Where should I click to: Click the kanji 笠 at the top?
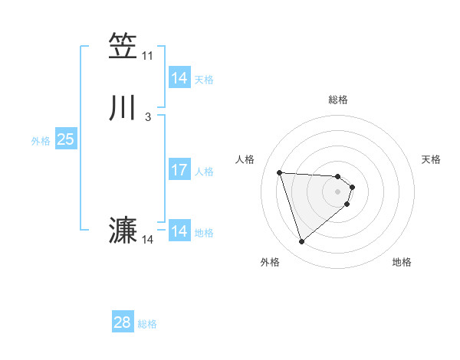pyautogui.click(x=123, y=47)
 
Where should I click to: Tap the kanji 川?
pyautogui.click(x=123, y=108)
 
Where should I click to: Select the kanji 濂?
pyautogui.click(x=123, y=231)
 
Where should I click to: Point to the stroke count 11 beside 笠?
pyautogui.click(x=147, y=56)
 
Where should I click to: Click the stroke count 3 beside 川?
pyautogui.click(x=147, y=117)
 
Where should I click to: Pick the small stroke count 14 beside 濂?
pyautogui.click(x=147, y=240)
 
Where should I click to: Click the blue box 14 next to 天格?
pyautogui.click(x=179, y=78)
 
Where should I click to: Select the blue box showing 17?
pyautogui.click(x=179, y=170)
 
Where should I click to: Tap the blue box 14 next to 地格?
pyautogui.click(x=179, y=231)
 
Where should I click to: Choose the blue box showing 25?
pyautogui.click(x=65, y=139)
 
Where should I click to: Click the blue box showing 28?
pyautogui.click(x=123, y=322)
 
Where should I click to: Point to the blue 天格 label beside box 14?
pyautogui.click(x=204, y=79)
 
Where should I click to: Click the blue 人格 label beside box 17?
pyautogui.click(x=204, y=171)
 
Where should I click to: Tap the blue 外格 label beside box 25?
pyautogui.click(x=41, y=140)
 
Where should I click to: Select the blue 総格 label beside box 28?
pyautogui.click(x=147, y=324)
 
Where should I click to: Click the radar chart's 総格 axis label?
pyautogui.click(x=338, y=100)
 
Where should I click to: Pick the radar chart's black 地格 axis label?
pyautogui.click(x=402, y=262)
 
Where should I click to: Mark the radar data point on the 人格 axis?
pyautogui.click(x=280, y=172)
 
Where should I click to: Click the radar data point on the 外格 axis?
pyautogui.click(x=301, y=242)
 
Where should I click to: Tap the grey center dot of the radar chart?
pyautogui.click(x=338, y=191)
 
